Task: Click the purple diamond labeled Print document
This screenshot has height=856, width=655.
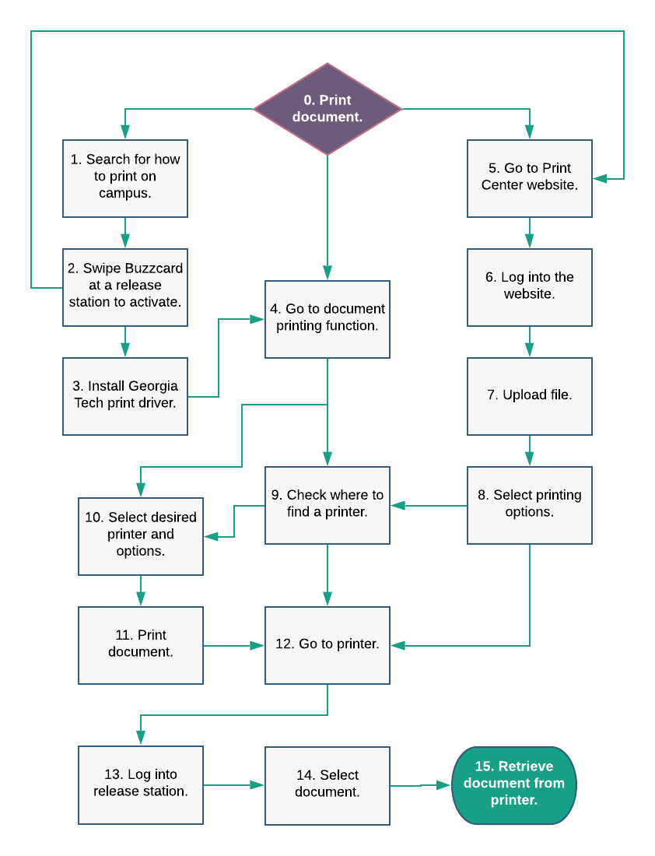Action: pyautogui.click(x=327, y=109)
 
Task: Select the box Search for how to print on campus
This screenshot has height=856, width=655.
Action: pyautogui.click(x=125, y=178)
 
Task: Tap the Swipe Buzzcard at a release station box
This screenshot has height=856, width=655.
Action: pyautogui.click(x=125, y=287)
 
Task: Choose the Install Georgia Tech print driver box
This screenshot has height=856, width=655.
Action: pyautogui.click(x=125, y=396)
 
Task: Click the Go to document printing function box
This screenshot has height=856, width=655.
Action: pyautogui.click(x=327, y=319)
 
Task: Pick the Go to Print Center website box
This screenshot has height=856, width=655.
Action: pyautogui.click(x=530, y=178)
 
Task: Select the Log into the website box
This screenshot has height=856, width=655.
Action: pyautogui.click(x=530, y=287)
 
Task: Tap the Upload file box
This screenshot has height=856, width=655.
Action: pyautogui.click(x=530, y=396)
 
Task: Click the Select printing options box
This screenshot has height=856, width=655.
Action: pyautogui.click(x=530, y=505)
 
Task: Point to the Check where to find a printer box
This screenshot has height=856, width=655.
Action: pyautogui.click(x=327, y=505)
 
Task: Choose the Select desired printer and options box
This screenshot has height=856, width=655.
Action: pyautogui.click(x=141, y=536)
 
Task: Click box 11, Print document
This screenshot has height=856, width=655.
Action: pyautogui.click(x=141, y=645)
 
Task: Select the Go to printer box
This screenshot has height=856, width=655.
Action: pyautogui.click(x=327, y=645)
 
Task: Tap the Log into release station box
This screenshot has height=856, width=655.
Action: pyautogui.click(x=141, y=785)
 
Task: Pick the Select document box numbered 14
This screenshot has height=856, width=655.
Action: pyautogui.click(x=327, y=786)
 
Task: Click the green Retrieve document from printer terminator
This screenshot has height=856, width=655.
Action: pyautogui.click(x=514, y=785)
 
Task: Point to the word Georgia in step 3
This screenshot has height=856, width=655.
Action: pyautogui.click(x=153, y=386)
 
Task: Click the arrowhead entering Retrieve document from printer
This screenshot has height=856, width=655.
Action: pyautogui.click(x=443, y=785)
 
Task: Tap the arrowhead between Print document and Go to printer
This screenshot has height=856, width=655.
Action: pyautogui.click(x=257, y=645)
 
